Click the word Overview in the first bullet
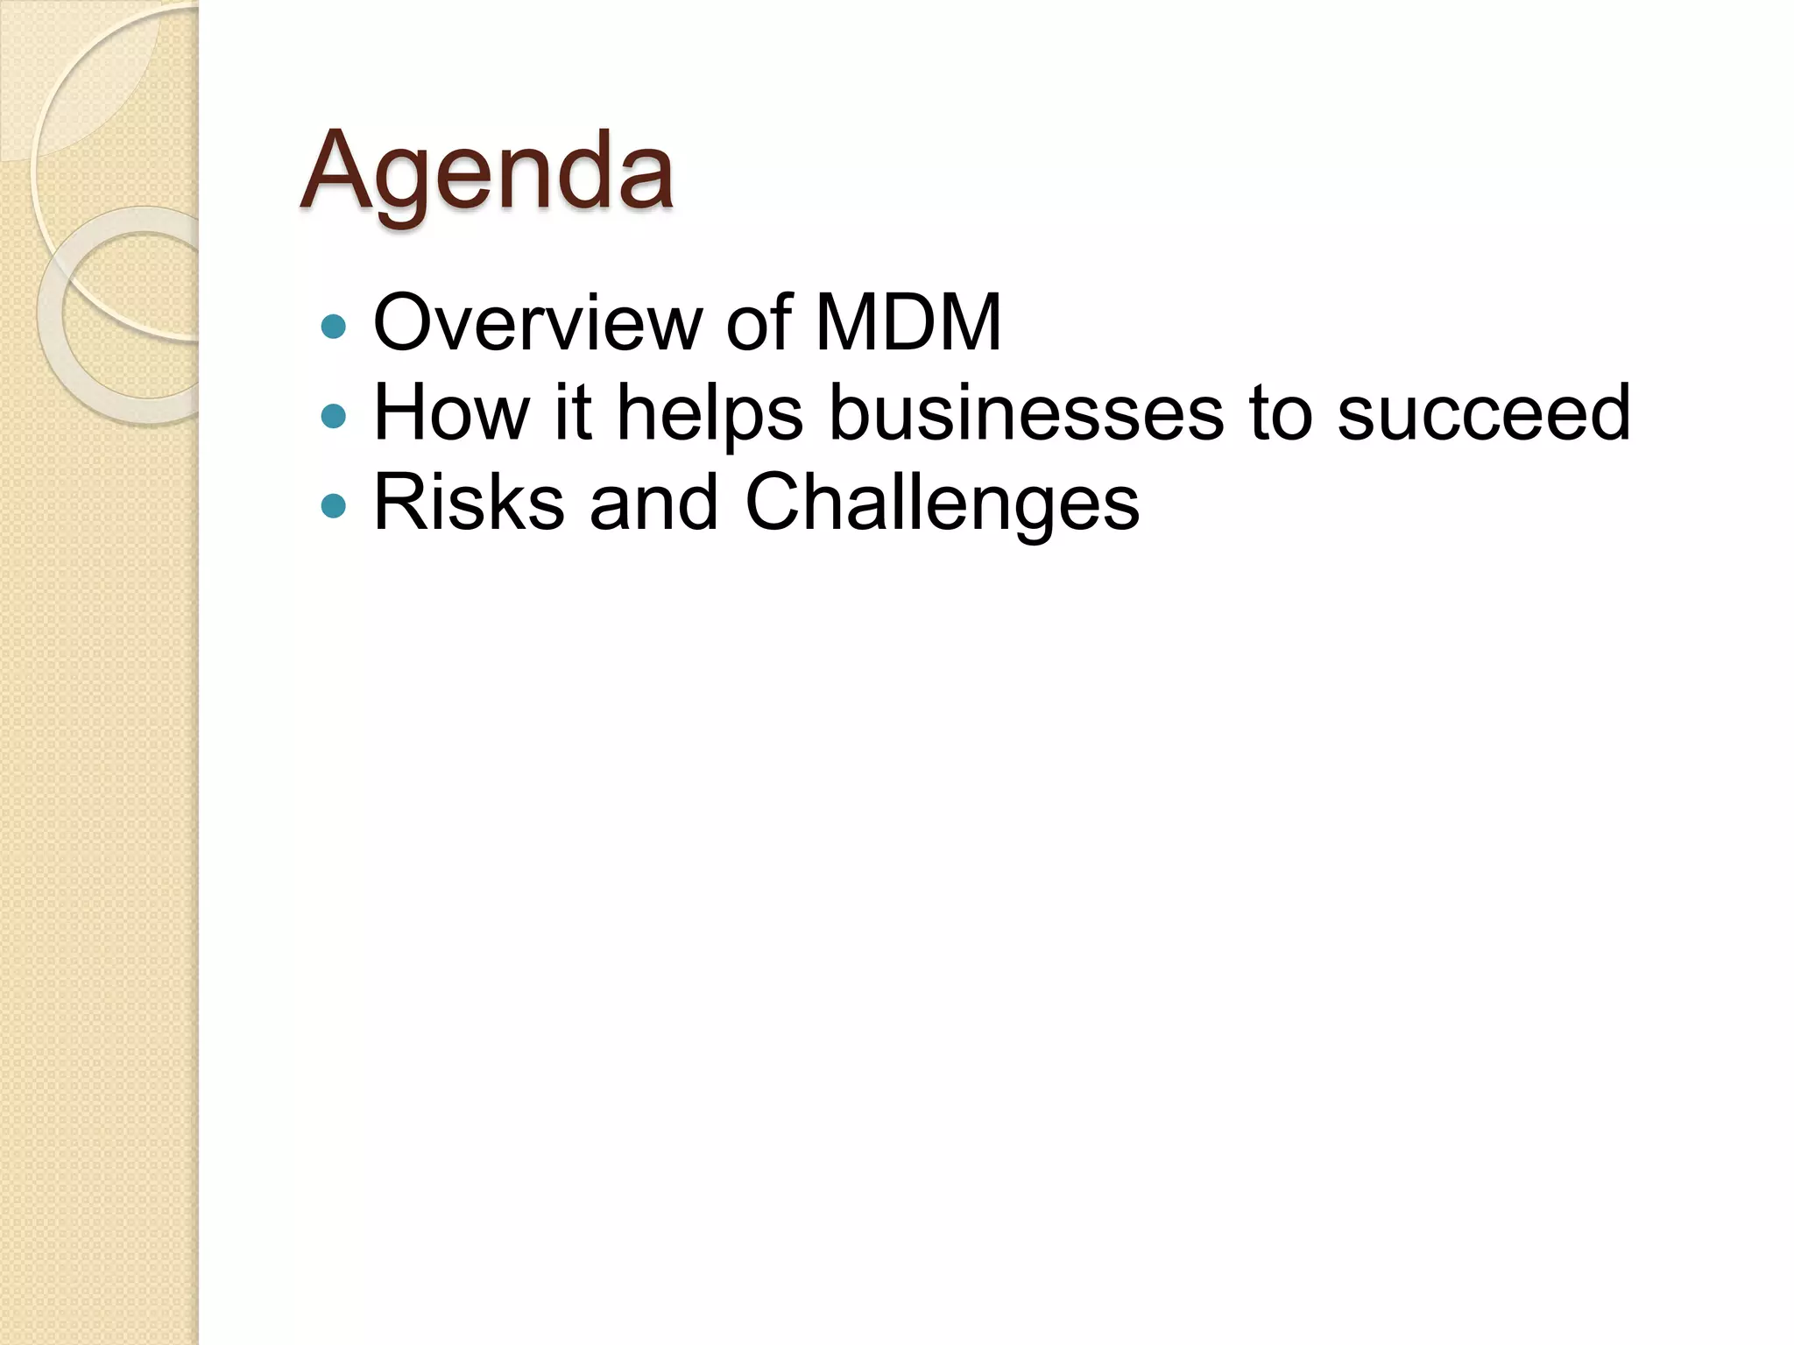[537, 323]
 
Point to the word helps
[710, 414]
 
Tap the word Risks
[469, 503]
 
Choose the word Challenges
[942, 504]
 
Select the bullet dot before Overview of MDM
[334, 327]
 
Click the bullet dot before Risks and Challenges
[334, 505]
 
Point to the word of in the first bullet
[759, 323]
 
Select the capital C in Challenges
[777, 503]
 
